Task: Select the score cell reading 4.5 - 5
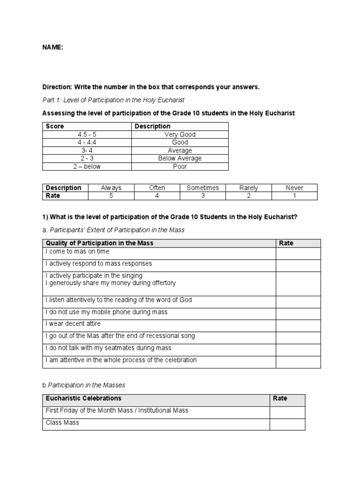(x=87, y=135)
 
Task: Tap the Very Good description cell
(x=180, y=135)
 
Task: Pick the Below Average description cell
(x=180, y=158)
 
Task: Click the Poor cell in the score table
(x=180, y=166)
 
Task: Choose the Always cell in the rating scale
(x=111, y=188)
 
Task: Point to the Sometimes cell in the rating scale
(x=202, y=188)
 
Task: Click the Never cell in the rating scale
(x=294, y=188)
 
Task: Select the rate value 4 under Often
(x=157, y=196)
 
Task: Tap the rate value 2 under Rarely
(x=248, y=196)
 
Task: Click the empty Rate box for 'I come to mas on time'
(x=298, y=254)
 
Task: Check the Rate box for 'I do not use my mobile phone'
(x=298, y=313)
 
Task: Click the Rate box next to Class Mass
(x=287, y=424)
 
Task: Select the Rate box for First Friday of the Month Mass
(x=287, y=412)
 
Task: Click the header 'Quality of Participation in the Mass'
(x=99, y=243)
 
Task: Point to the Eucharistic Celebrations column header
(x=83, y=398)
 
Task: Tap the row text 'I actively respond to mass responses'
(x=98, y=264)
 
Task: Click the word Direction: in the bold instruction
(x=58, y=87)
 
